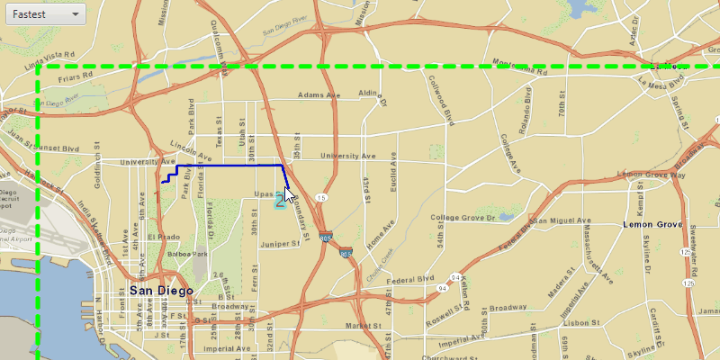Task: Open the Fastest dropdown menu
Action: click(x=45, y=14)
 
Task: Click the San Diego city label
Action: click(x=161, y=291)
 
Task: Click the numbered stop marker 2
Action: click(x=281, y=203)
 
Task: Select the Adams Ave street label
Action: click(x=321, y=95)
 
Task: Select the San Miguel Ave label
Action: click(x=562, y=220)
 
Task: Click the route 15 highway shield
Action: click(x=322, y=196)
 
